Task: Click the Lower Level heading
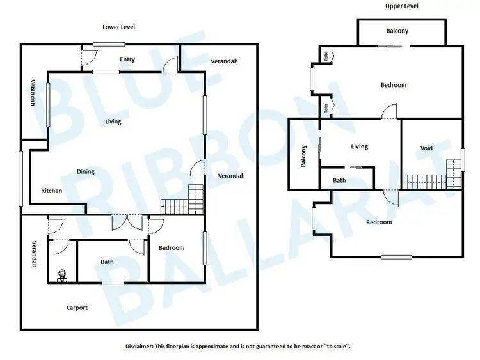[119, 27]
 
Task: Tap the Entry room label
[127, 59]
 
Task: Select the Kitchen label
[52, 191]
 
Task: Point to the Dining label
[86, 171]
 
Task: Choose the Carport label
[77, 308]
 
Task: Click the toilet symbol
[62, 276]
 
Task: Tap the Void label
[426, 148]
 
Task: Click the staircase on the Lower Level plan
[181, 200]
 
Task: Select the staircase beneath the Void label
[429, 180]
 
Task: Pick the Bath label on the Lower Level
[107, 262]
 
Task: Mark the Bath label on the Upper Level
[339, 180]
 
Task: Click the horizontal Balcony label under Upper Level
[397, 31]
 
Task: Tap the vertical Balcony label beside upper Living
[304, 155]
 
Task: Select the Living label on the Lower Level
[113, 121]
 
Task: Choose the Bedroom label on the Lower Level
[172, 247]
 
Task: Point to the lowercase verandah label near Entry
[224, 61]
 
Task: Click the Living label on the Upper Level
[360, 146]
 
